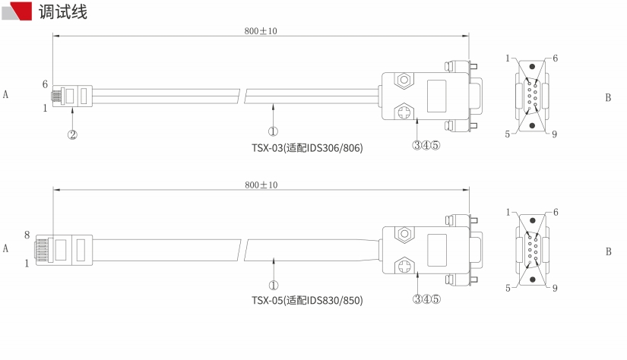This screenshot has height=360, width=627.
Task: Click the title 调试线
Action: pyautogui.click(x=63, y=11)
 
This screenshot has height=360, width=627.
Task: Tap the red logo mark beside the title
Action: pyautogui.click(x=17, y=11)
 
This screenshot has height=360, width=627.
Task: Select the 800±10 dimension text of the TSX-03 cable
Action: pyautogui.click(x=261, y=31)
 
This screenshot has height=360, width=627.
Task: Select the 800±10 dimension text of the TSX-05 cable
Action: pyautogui.click(x=261, y=185)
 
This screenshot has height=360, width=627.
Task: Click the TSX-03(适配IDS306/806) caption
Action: pyautogui.click(x=307, y=148)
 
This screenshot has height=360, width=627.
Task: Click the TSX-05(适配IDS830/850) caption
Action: pyautogui.click(x=307, y=300)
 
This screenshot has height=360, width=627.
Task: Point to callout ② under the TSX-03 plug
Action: pyautogui.click(x=72, y=134)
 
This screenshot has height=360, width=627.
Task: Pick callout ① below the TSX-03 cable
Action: pyautogui.click(x=273, y=131)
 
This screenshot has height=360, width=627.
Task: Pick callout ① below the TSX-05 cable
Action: pyautogui.click(x=274, y=286)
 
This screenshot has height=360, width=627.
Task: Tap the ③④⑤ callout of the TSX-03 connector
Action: pyautogui.click(x=426, y=145)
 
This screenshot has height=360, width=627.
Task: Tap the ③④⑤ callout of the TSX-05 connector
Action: pyautogui.click(x=426, y=299)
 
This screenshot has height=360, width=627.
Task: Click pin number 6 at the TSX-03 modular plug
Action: pyautogui.click(x=45, y=84)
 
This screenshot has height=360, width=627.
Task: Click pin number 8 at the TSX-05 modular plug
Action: pyautogui.click(x=27, y=235)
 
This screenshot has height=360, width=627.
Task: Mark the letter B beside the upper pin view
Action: pyautogui.click(x=608, y=97)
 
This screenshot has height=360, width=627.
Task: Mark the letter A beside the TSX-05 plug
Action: pyautogui.click(x=5, y=248)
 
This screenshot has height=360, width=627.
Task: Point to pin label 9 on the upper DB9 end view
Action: pyautogui.click(x=554, y=134)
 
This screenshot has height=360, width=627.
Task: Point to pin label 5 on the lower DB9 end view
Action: pyautogui.click(x=508, y=288)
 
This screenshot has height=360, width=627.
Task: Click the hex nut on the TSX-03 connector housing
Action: pyautogui.click(x=404, y=80)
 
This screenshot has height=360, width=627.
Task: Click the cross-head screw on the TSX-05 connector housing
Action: pyautogui.click(x=404, y=266)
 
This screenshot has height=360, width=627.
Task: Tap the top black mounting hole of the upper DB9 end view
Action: pyautogui.click(x=532, y=67)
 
